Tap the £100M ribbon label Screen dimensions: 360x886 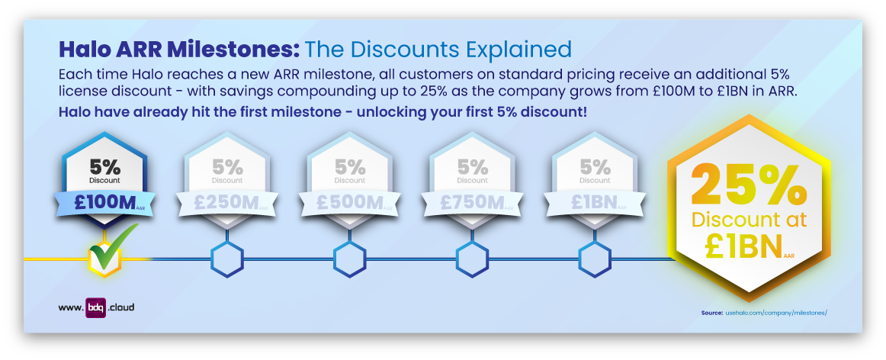click(105, 202)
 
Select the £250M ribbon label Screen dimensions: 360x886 click(227, 202)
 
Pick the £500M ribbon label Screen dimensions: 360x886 click(349, 202)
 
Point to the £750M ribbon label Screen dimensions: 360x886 click(472, 202)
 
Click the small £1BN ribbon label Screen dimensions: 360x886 click(593, 202)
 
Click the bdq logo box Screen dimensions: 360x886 click(95, 307)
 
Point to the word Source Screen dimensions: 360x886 click(711, 313)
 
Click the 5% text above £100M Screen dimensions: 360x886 click(105, 166)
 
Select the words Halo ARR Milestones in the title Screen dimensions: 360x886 click(178, 50)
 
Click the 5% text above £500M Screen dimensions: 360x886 click(350, 166)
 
